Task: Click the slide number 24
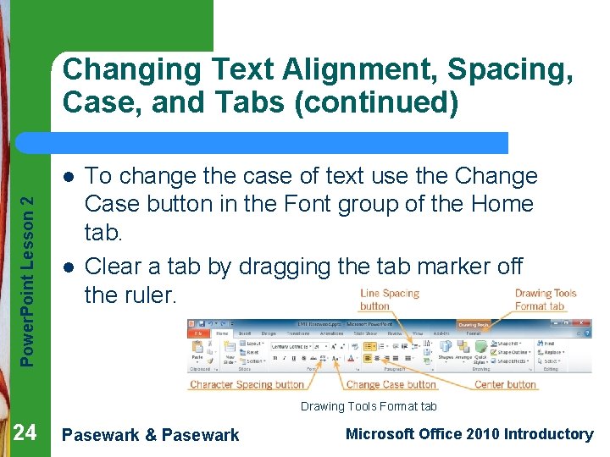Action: [25, 433]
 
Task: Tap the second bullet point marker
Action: [68, 267]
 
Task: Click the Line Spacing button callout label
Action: [389, 300]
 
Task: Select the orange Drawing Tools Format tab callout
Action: [545, 300]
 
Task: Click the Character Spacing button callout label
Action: [247, 385]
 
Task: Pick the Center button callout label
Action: [505, 385]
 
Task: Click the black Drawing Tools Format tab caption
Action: [369, 407]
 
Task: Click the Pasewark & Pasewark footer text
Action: [151, 435]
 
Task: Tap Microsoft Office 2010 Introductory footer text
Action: [469, 434]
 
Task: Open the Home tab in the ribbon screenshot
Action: [222, 333]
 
